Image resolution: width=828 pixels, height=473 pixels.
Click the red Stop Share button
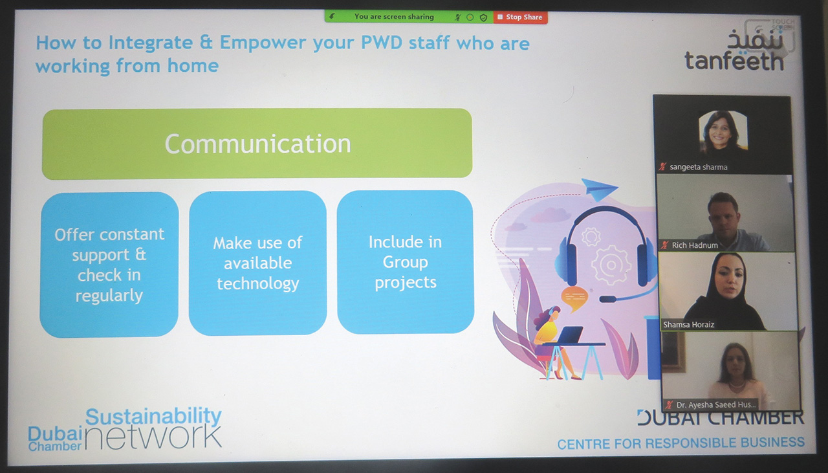pyautogui.click(x=521, y=17)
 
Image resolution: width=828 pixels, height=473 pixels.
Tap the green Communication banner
pyautogui.click(x=257, y=144)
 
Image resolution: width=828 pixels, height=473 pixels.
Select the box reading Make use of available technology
pyautogui.click(x=257, y=263)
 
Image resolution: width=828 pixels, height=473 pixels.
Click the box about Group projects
pyautogui.click(x=406, y=262)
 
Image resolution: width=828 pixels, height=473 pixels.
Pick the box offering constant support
pyautogui.click(x=109, y=265)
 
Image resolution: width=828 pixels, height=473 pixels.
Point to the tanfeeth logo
pyautogui.click(x=734, y=50)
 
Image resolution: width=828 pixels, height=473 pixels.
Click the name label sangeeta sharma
pyautogui.click(x=698, y=167)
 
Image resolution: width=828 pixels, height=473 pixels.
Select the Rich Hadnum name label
pyautogui.click(x=695, y=245)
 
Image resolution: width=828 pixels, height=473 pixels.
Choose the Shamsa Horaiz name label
pyautogui.click(x=688, y=325)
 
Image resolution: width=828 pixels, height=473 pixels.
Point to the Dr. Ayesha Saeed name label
pyautogui.click(x=716, y=405)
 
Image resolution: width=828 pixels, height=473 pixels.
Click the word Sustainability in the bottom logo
pyautogui.click(x=153, y=417)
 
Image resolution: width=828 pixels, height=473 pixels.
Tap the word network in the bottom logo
pyautogui.click(x=153, y=438)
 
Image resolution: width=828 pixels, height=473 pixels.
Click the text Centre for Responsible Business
pyautogui.click(x=681, y=443)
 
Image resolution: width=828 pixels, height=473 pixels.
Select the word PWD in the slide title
pyautogui.click(x=382, y=43)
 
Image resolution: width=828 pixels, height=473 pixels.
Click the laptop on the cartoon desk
pyautogui.click(x=570, y=335)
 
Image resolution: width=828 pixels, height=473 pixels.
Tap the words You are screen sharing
pyautogui.click(x=394, y=17)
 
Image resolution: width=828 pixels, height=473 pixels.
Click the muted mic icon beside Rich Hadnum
pyautogui.click(x=664, y=245)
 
